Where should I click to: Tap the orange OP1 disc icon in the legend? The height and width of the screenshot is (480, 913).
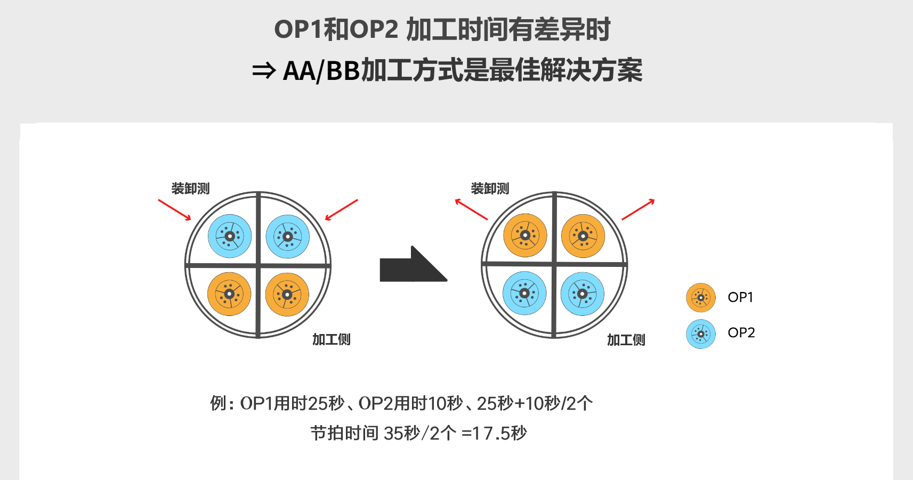point(701,297)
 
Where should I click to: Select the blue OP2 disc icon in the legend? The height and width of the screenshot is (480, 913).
point(701,334)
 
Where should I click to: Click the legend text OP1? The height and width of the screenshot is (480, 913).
point(740,297)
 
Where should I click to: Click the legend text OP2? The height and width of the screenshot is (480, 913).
point(741,332)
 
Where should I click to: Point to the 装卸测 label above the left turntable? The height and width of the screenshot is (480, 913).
point(190,189)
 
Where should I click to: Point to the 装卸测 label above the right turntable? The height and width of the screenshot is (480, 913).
point(490,189)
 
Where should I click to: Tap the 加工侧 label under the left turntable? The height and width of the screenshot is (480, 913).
point(332,339)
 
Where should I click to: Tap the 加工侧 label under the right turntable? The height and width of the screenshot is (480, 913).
point(626,340)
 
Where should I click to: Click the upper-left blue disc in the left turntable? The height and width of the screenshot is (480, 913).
point(230,237)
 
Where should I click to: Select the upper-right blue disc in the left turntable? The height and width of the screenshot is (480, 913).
point(288,237)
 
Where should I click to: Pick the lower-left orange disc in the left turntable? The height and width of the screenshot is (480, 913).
point(230,294)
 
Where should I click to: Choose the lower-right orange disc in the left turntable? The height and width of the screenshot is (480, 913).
point(287,294)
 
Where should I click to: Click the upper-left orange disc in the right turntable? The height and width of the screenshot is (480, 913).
point(525,235)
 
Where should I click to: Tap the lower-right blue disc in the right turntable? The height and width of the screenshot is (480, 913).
point(583,294)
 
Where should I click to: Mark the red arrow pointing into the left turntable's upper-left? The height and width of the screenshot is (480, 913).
point(174,210)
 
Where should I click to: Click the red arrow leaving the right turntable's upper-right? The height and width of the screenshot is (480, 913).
point(639,209)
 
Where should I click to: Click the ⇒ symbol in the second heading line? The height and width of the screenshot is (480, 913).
point(264,71)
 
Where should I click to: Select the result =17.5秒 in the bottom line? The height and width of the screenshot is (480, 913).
point(494,433)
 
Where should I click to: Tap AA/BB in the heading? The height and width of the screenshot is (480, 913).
point(321,71)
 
